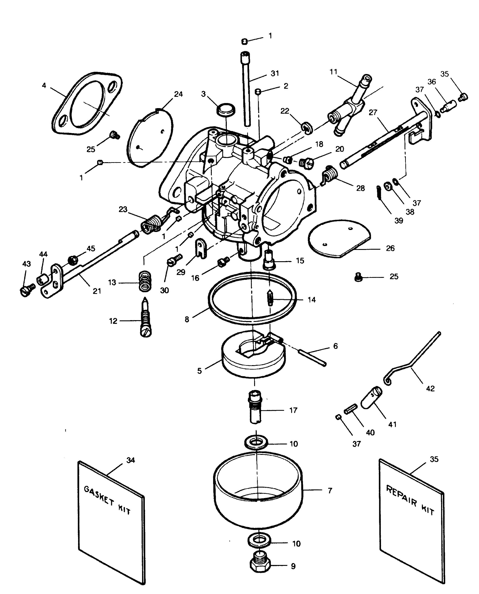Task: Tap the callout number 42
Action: pyautogui.click(x=430, y=389)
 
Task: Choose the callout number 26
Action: pyautogui.click(x=390, y=248)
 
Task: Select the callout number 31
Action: pyautogui.click(x=275, y=73)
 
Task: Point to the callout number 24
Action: pyautogui.click(x=178, y=94)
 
